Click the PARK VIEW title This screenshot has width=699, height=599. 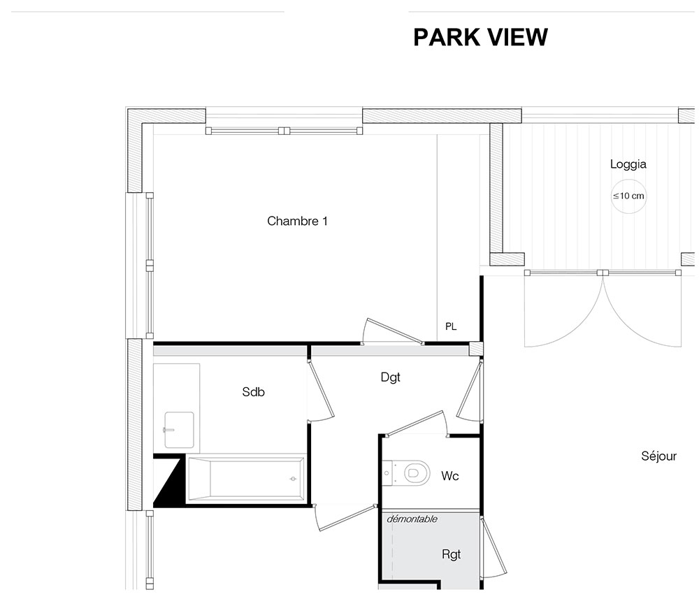[480, 37]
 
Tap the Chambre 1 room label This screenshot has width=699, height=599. [297, 221]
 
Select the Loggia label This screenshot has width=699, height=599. [628, 164]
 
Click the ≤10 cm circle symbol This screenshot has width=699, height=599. [628, 196]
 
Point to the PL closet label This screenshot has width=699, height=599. [451, 326]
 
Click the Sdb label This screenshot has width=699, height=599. [253, 391]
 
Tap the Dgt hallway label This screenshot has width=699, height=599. [391, 377]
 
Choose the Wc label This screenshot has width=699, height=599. [449, 476]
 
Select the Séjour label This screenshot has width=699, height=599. [659, 456]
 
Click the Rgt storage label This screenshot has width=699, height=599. [451, 554]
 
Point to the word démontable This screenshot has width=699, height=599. [412, 519]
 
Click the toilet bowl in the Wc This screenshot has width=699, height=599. [417, 473]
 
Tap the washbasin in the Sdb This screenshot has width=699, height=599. [179, 430]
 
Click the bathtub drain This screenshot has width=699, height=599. [293, 479]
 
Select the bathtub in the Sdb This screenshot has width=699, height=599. [246, 479]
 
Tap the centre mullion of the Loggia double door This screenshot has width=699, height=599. [603, 273]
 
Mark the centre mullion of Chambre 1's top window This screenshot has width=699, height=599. [284, 131]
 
